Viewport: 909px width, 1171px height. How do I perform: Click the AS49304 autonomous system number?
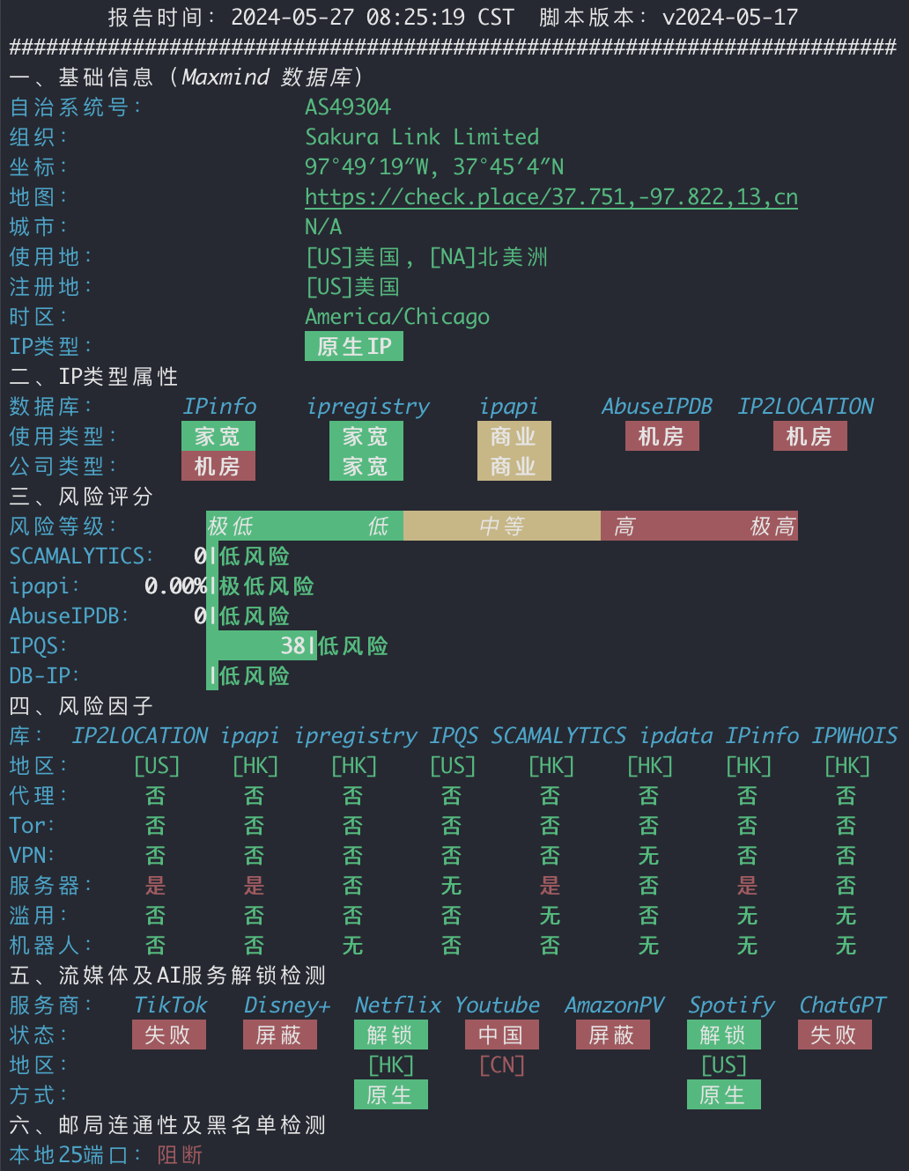tap(348, 107)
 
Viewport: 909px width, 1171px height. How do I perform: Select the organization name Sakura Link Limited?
tap(422, 136)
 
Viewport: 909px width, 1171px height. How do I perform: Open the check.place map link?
tap(551, 197)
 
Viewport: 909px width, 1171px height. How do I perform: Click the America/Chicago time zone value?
tap(397, 317)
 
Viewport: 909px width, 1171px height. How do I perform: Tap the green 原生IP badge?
tap(354, 346)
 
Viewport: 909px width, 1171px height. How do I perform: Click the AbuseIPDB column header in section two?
tap(657, 406)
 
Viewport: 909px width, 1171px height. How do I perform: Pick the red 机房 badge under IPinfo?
tap(218, 466)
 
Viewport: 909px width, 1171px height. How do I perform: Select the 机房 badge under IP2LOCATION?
tap(809, 436)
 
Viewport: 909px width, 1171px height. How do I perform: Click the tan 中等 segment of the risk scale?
tap(502, 526)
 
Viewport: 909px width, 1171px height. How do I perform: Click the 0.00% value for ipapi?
tap(175, 585)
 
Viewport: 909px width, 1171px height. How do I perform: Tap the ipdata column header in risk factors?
tap(676, 735)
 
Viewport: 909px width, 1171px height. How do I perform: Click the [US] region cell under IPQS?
tap(453, 766)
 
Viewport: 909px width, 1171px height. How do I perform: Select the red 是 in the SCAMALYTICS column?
tap(551, 886)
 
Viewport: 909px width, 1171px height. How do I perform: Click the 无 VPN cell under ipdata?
tap(649, 856)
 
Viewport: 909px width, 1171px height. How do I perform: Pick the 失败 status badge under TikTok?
tap(169, 1035)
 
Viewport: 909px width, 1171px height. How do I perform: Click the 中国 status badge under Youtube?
tap(501, 1035)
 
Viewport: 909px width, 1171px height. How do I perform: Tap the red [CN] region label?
tap(502, 1065)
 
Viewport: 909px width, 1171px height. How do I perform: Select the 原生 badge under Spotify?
tap(723, 1094)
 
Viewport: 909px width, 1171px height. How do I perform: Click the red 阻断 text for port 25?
tap(180, 1155)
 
